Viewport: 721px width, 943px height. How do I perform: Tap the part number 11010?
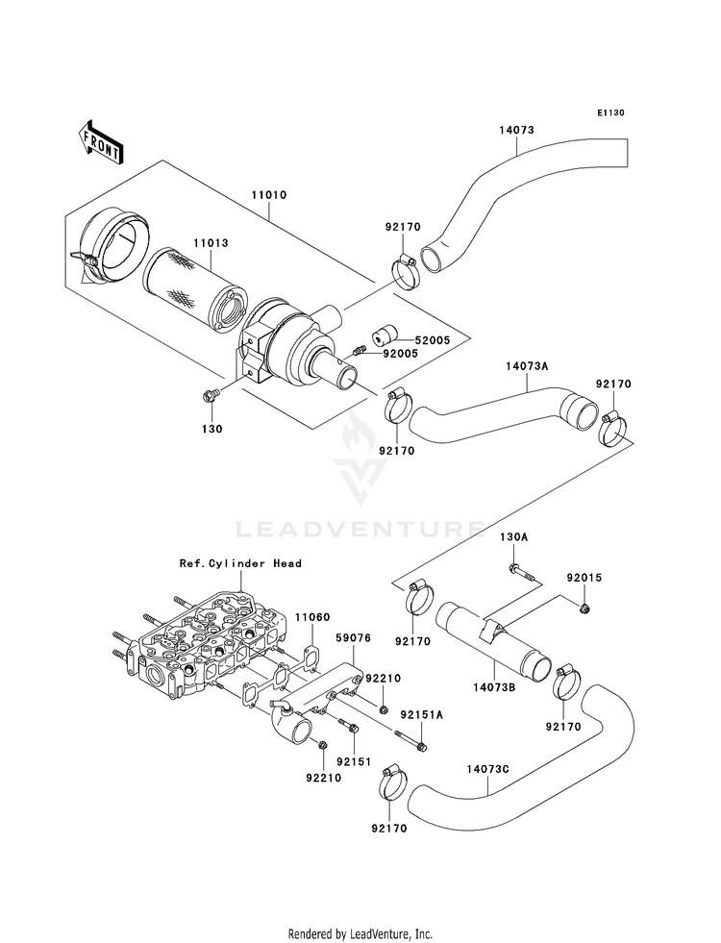(x=269, y=195)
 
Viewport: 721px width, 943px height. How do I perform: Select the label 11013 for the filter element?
(x=211, y=243)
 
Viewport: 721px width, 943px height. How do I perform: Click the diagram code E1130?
(x=611, y=112)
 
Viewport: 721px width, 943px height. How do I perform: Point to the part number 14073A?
(x=528, y=365)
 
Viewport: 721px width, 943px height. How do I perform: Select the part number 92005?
(x=399, y=353)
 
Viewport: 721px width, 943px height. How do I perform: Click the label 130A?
(x=513, y=537)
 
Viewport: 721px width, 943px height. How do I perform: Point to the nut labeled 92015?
(x=584, y=609)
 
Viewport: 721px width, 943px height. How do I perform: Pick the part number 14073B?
(x=494, y=687)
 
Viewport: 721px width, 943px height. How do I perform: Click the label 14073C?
(x=487, y=769)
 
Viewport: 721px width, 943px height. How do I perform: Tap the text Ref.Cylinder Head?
(x=240, y=563)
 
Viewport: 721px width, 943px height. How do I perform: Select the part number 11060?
(x=312, y=617)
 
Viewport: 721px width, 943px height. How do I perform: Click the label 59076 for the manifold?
(x=353, y=637)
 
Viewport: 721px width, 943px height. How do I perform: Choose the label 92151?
(x=354, y=760)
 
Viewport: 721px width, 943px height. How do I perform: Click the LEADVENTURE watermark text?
(x=360, y=530)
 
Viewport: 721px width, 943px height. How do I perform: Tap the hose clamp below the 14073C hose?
(x=391, y=783)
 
